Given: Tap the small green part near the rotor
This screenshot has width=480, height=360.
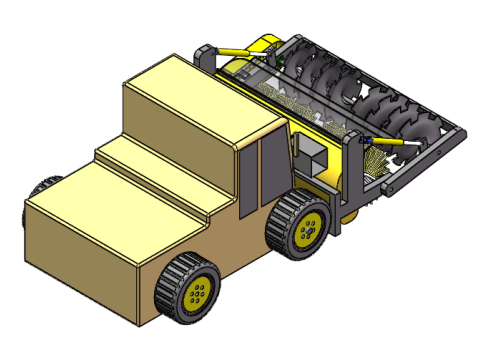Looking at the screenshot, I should coord(281,61).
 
